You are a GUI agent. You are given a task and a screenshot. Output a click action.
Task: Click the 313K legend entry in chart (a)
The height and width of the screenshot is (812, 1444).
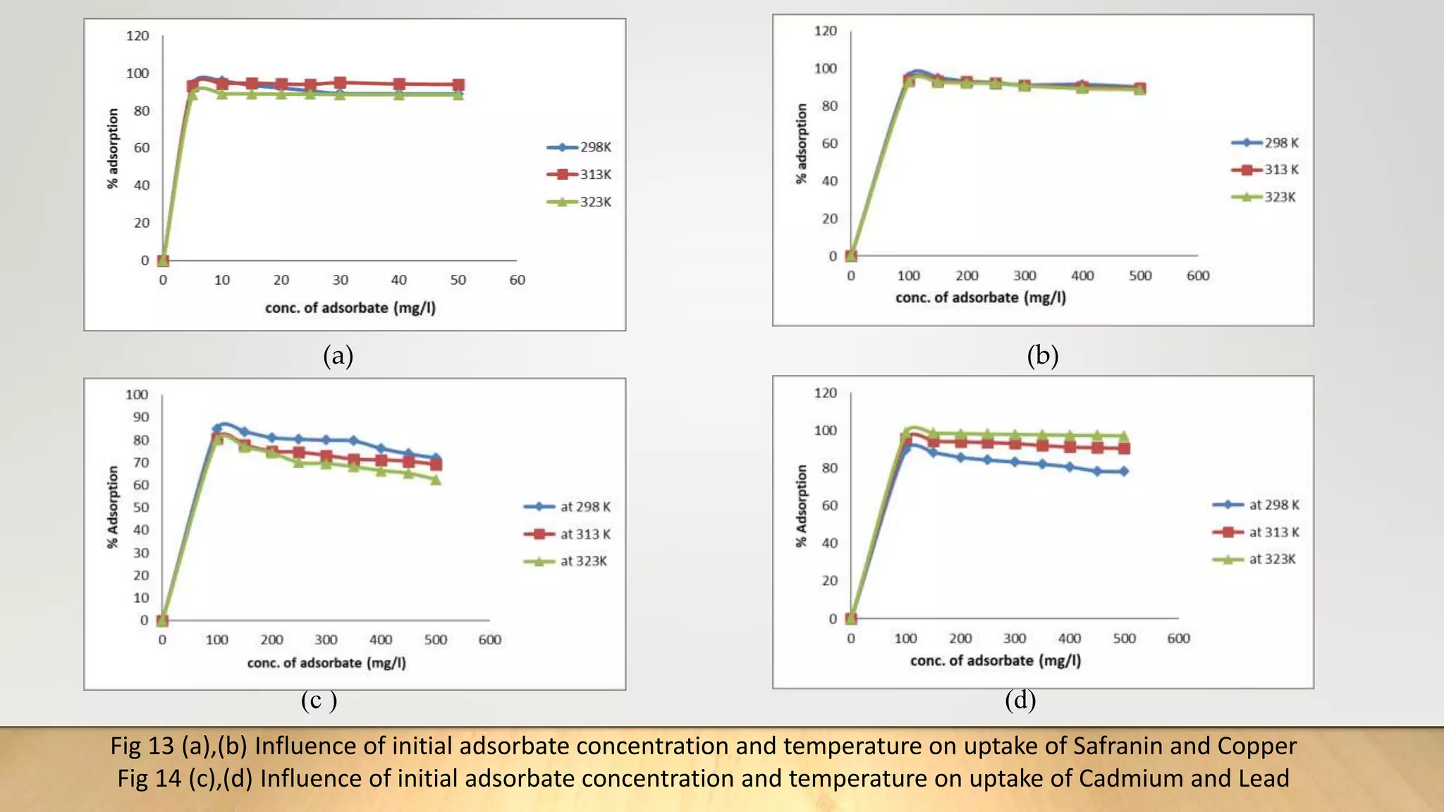click(580, 174)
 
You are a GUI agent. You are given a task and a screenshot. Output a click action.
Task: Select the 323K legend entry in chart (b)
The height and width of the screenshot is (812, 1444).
click(1264, 197)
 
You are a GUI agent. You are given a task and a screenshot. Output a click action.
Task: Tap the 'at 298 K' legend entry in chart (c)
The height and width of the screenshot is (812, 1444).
click(568, 507)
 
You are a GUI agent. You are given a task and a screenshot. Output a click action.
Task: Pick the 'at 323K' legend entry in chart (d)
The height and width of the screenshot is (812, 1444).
click(1256, 560)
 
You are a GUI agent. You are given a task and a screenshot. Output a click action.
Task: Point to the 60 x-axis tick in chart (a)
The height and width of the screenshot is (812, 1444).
click(517, 280)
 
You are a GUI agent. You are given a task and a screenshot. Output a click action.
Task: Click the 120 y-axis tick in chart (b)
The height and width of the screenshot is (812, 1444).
click(825, 31)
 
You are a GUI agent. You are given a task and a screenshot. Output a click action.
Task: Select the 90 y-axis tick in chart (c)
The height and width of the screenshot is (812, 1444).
click(141, 417)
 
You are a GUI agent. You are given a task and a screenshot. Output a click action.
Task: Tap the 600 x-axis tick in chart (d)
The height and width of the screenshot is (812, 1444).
click(1178, 639)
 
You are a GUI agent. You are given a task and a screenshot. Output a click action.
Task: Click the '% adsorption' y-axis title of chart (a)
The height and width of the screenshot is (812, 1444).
click(113, 149)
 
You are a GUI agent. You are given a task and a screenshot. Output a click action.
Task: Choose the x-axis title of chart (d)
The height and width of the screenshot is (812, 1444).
click(995, 661)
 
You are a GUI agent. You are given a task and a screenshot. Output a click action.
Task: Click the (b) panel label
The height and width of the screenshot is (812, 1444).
click(1042, 356)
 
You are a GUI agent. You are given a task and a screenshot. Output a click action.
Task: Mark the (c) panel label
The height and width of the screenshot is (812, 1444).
click(319, 701)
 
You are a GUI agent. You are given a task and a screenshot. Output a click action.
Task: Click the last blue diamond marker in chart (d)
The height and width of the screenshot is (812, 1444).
click(1124, 472)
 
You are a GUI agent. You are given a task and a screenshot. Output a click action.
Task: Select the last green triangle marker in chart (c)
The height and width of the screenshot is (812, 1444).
click(436, 480)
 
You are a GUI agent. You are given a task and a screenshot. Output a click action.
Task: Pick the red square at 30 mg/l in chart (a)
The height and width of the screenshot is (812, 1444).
click(340, 83)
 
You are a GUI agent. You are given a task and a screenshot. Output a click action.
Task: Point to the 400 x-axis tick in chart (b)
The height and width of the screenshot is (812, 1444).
click(1082, 276)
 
